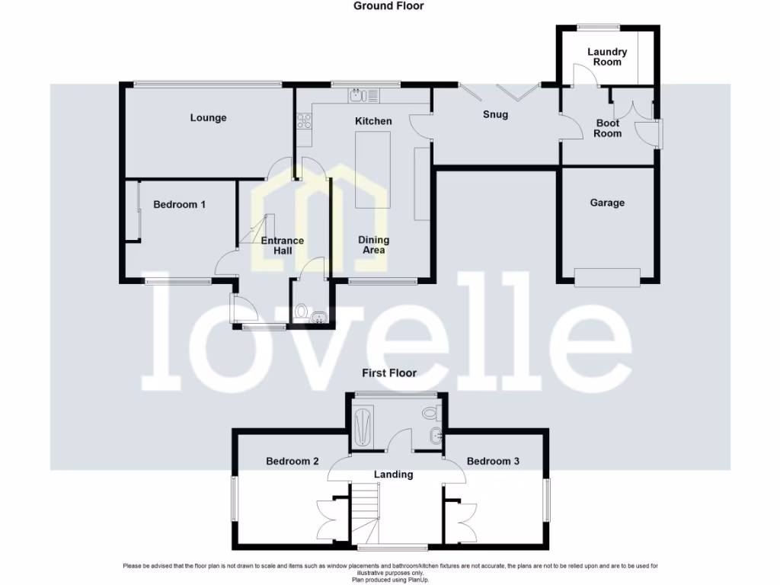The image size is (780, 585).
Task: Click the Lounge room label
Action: (x=208, y=118)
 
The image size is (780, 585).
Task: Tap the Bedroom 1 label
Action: (x=179, y=204)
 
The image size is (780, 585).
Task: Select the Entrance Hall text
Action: (x=283, y=245)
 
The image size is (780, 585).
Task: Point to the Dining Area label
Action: (x=373, y=245)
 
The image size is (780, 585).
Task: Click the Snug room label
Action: (x=495, y=115)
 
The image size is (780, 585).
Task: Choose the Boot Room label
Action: (x=607, y=128)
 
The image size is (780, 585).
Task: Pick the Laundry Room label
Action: (x=607, y=57)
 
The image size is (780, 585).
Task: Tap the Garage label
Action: (x=607, y=203)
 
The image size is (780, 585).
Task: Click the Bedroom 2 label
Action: (x=292, y=461)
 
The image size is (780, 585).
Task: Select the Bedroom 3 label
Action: (x=493, y=461)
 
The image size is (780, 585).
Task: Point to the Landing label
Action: (x=393, y=475)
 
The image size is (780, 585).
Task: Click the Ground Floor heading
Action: (x=388, y=6)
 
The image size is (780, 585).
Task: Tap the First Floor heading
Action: (x=390, y=373)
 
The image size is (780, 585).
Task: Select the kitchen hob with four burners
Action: (x=305, y=120)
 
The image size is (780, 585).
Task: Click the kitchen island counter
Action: (x=373, y=169)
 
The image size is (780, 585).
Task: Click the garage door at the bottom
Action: (x=607, y=278)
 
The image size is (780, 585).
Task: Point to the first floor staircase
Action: (x=367, y=510)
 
